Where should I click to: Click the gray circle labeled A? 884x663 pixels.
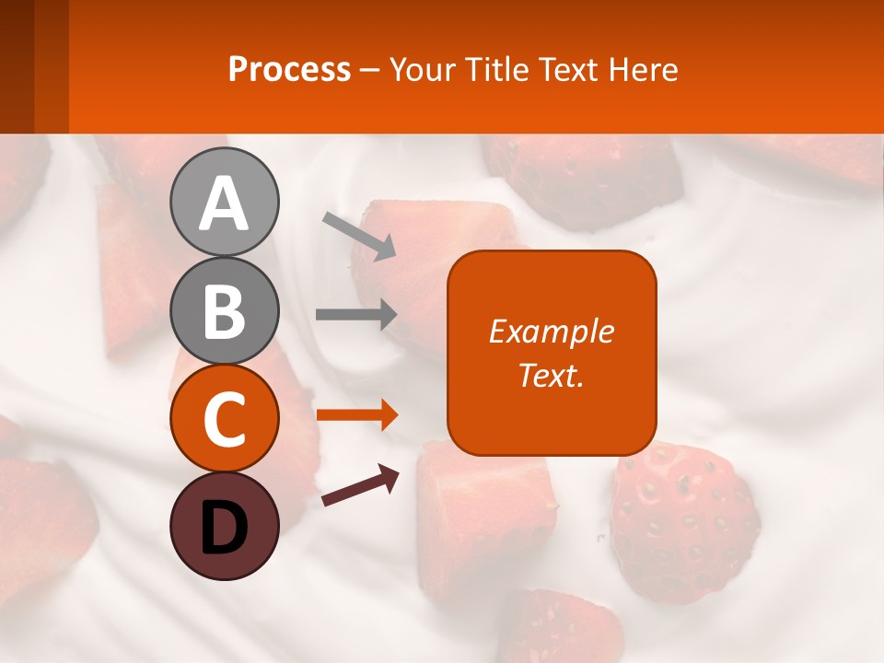(224, 202)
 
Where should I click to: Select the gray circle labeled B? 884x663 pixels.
(224, 310)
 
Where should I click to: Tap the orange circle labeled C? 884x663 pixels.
(224, 418)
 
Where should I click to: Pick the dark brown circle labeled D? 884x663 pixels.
(224, 526)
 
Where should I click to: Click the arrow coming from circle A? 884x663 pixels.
(359, 236)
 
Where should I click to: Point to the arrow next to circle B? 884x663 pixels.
(356, 314)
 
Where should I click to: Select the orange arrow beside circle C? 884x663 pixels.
(356, 415)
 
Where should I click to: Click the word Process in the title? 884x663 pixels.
(289, 69)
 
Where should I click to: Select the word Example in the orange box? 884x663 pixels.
(551, 331)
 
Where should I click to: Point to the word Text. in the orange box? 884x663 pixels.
(551, 375)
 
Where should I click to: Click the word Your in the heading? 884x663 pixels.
(425, 69)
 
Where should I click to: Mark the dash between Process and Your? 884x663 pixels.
(370, 70)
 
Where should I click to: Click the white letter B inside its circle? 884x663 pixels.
(224, 311)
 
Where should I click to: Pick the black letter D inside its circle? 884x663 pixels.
(224, 527)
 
